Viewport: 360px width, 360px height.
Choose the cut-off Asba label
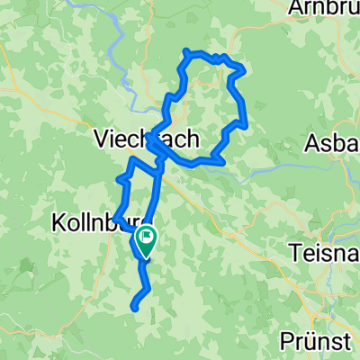click(x=333, y=142)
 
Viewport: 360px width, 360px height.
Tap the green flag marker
click(x=144, y=239)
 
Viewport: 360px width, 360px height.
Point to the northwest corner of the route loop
click(x=185, y=51)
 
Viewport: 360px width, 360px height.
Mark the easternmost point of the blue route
click(x=246, y=122)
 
